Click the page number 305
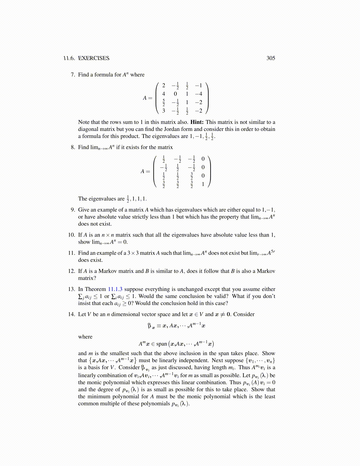[271, 58]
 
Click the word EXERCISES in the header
[94, 58]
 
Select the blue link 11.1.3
[115, 289]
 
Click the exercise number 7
[73, 75]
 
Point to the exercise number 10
[71, 235]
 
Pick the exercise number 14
[71, 314]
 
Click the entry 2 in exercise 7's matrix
[164, 86]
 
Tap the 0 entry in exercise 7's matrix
[175, 94]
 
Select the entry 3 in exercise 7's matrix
[164, 111]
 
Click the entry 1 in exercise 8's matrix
[203, 184]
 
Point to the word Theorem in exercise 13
[95, 289]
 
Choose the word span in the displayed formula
[161, 344]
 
